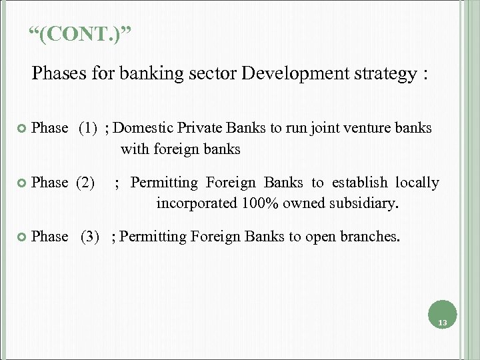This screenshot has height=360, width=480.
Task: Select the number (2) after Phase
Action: click(x=85, y=182)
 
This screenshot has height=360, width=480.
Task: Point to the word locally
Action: click(x=417, y=182)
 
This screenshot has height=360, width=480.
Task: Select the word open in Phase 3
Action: click(x=310, y=237)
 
